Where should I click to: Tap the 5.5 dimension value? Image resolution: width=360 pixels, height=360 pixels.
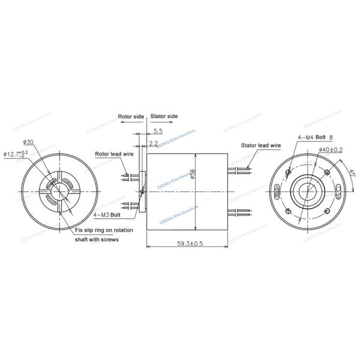pos(158,130)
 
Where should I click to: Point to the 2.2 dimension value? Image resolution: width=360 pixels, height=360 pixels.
pos(154,144)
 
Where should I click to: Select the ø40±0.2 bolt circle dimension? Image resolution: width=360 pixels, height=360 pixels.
pos(331,149)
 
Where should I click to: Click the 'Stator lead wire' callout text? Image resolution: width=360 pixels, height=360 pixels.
pos(261,145)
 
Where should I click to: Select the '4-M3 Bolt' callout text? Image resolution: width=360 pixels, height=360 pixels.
pos(106,214)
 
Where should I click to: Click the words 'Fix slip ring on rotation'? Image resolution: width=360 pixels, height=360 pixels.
pos(104,230)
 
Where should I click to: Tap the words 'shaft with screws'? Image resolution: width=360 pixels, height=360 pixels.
pos(97,239)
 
